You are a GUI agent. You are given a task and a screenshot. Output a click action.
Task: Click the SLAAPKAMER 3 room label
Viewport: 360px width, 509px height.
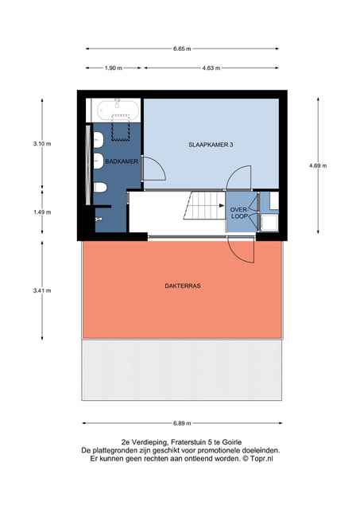coord(211,145)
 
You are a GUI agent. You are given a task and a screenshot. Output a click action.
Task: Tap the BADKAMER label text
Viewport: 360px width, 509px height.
coord(122,161)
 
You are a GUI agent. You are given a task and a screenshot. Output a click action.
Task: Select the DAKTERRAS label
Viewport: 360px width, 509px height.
coord(183,286)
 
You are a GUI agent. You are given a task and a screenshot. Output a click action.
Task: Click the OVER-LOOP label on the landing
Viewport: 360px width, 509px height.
coord(239,213)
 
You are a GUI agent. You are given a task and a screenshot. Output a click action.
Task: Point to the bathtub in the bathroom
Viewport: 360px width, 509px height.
coord(118,110)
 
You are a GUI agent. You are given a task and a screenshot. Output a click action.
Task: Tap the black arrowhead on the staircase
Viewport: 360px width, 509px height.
coord(222,205)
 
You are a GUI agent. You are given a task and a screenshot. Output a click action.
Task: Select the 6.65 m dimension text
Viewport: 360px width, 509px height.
coord(182,49)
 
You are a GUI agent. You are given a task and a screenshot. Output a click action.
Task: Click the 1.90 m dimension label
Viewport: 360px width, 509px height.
coord(114,68)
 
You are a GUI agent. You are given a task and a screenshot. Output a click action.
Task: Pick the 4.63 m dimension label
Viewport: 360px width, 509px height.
coord(211,68)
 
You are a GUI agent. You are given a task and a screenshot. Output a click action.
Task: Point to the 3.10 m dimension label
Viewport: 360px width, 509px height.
coord(42,144)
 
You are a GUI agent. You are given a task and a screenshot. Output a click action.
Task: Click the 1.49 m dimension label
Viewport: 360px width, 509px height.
coord(42,212)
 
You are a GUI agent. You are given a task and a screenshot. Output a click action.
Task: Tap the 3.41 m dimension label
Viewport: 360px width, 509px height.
coord(42,290)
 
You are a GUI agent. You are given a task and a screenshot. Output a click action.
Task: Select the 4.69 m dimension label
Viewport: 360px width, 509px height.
coord(318,165)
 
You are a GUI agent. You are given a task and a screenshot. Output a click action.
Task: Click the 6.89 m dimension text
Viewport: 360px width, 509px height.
coord(182,423)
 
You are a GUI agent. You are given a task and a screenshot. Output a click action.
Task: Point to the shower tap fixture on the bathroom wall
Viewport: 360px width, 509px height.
coord(99,220)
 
